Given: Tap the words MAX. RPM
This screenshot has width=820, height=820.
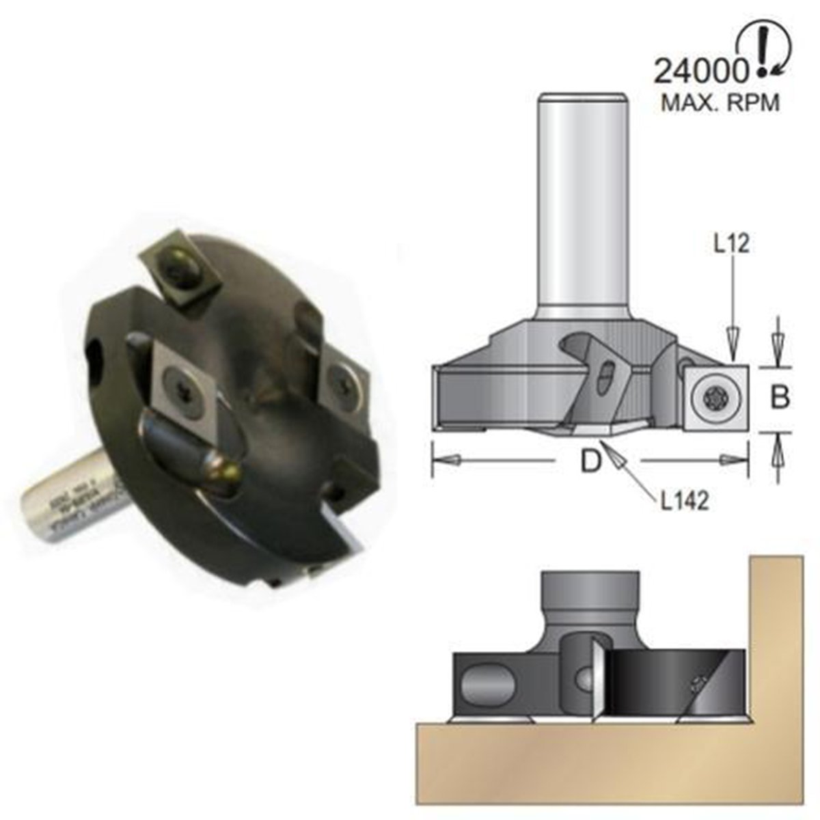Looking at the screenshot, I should click(x=720, y=102).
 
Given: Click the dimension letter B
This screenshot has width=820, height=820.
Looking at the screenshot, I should click(x=780, y=396).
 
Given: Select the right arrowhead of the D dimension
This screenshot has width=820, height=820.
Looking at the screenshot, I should click(x=735, y=461).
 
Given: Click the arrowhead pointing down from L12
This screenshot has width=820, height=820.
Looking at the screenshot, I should click(x=733, y=342).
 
